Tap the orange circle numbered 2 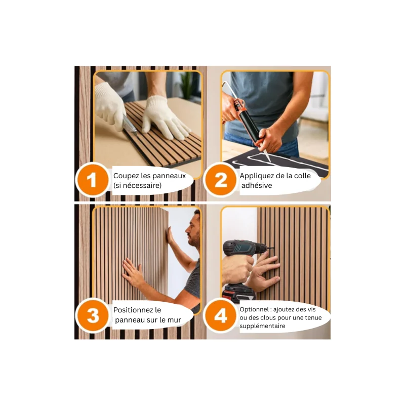coord(221,180)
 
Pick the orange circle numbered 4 coord(221,315)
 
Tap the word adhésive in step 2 coord(257,185)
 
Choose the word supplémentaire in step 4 coord(262,326)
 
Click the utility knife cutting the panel coord(130,125)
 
